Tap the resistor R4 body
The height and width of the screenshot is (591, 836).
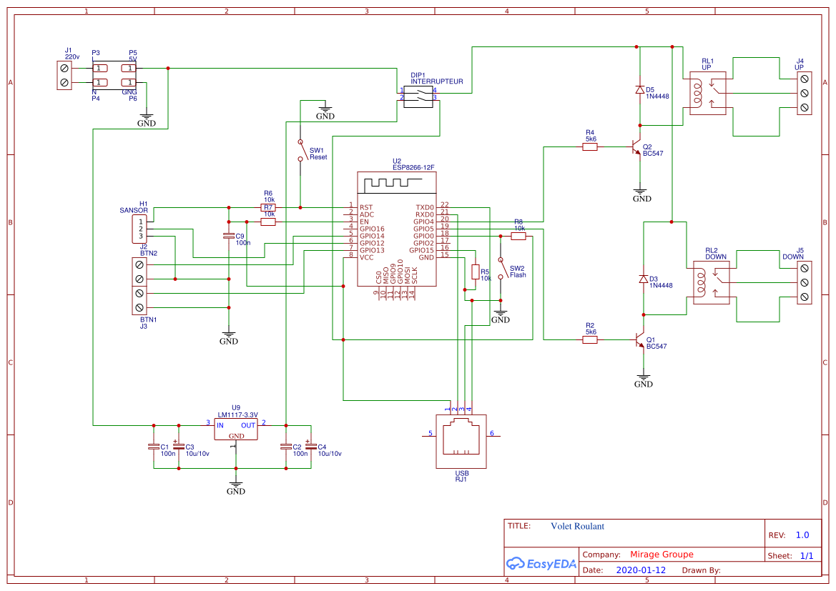590,146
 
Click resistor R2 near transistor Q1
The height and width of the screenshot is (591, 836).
590,340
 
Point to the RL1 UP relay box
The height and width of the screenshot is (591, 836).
707,93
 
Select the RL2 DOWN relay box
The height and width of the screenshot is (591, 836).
709,282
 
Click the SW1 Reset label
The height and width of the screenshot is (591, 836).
318,154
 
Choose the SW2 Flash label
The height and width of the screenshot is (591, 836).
518,272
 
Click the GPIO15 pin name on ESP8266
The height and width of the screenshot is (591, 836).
421,249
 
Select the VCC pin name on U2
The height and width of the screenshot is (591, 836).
367,257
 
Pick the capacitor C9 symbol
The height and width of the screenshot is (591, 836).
229,235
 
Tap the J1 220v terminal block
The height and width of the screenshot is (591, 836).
65,75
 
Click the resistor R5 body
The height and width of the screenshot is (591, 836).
475,272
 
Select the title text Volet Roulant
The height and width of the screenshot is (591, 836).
577,526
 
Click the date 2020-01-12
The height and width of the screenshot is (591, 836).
641,570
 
